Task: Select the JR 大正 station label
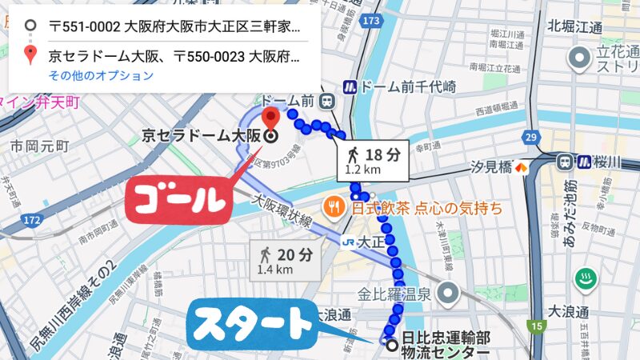(x=361, y=239)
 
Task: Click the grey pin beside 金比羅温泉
(x=450, y=292)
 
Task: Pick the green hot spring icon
(x=586, y=280)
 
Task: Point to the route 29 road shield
(x=529, y=137)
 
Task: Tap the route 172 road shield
(x=32, y=218)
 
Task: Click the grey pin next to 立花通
(x=577, y=58)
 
